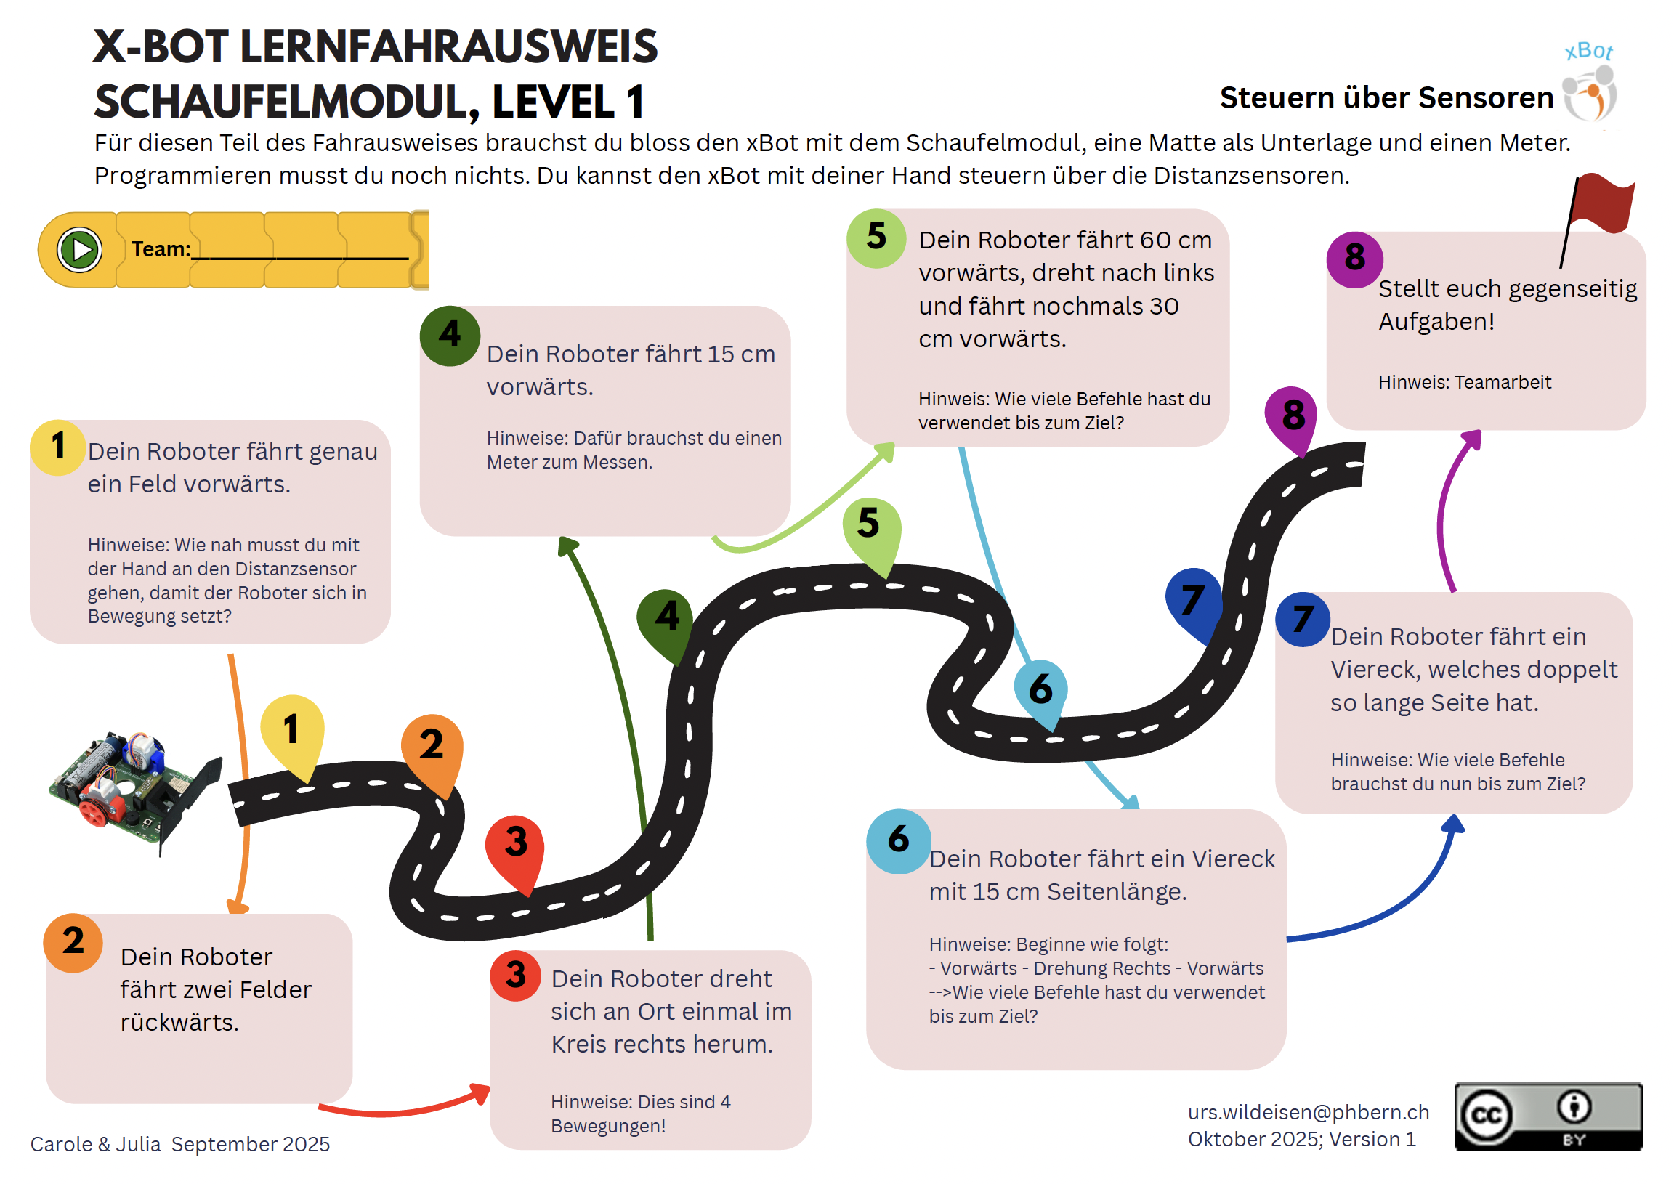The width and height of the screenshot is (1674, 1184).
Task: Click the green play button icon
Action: click(79, 250)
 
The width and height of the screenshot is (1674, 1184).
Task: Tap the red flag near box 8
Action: click(1602, 204)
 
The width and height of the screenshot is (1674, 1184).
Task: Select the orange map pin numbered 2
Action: click(432, 747)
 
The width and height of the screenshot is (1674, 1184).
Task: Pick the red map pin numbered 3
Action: click(515, 846)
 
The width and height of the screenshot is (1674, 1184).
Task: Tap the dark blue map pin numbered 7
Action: click(1193, 601)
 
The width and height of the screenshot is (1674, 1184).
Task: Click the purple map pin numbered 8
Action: click(1293, 415)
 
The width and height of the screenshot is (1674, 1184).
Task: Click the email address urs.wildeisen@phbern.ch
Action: click(1308, 1113)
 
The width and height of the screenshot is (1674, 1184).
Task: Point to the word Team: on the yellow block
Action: click(161, 249)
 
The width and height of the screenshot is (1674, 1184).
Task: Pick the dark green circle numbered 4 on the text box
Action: click(450, 336)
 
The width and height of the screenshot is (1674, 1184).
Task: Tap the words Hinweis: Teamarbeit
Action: click(1464, 382)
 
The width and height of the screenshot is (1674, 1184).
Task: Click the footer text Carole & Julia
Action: click(95, 1145)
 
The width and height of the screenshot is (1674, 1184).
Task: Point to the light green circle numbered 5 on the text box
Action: click(876, 238)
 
